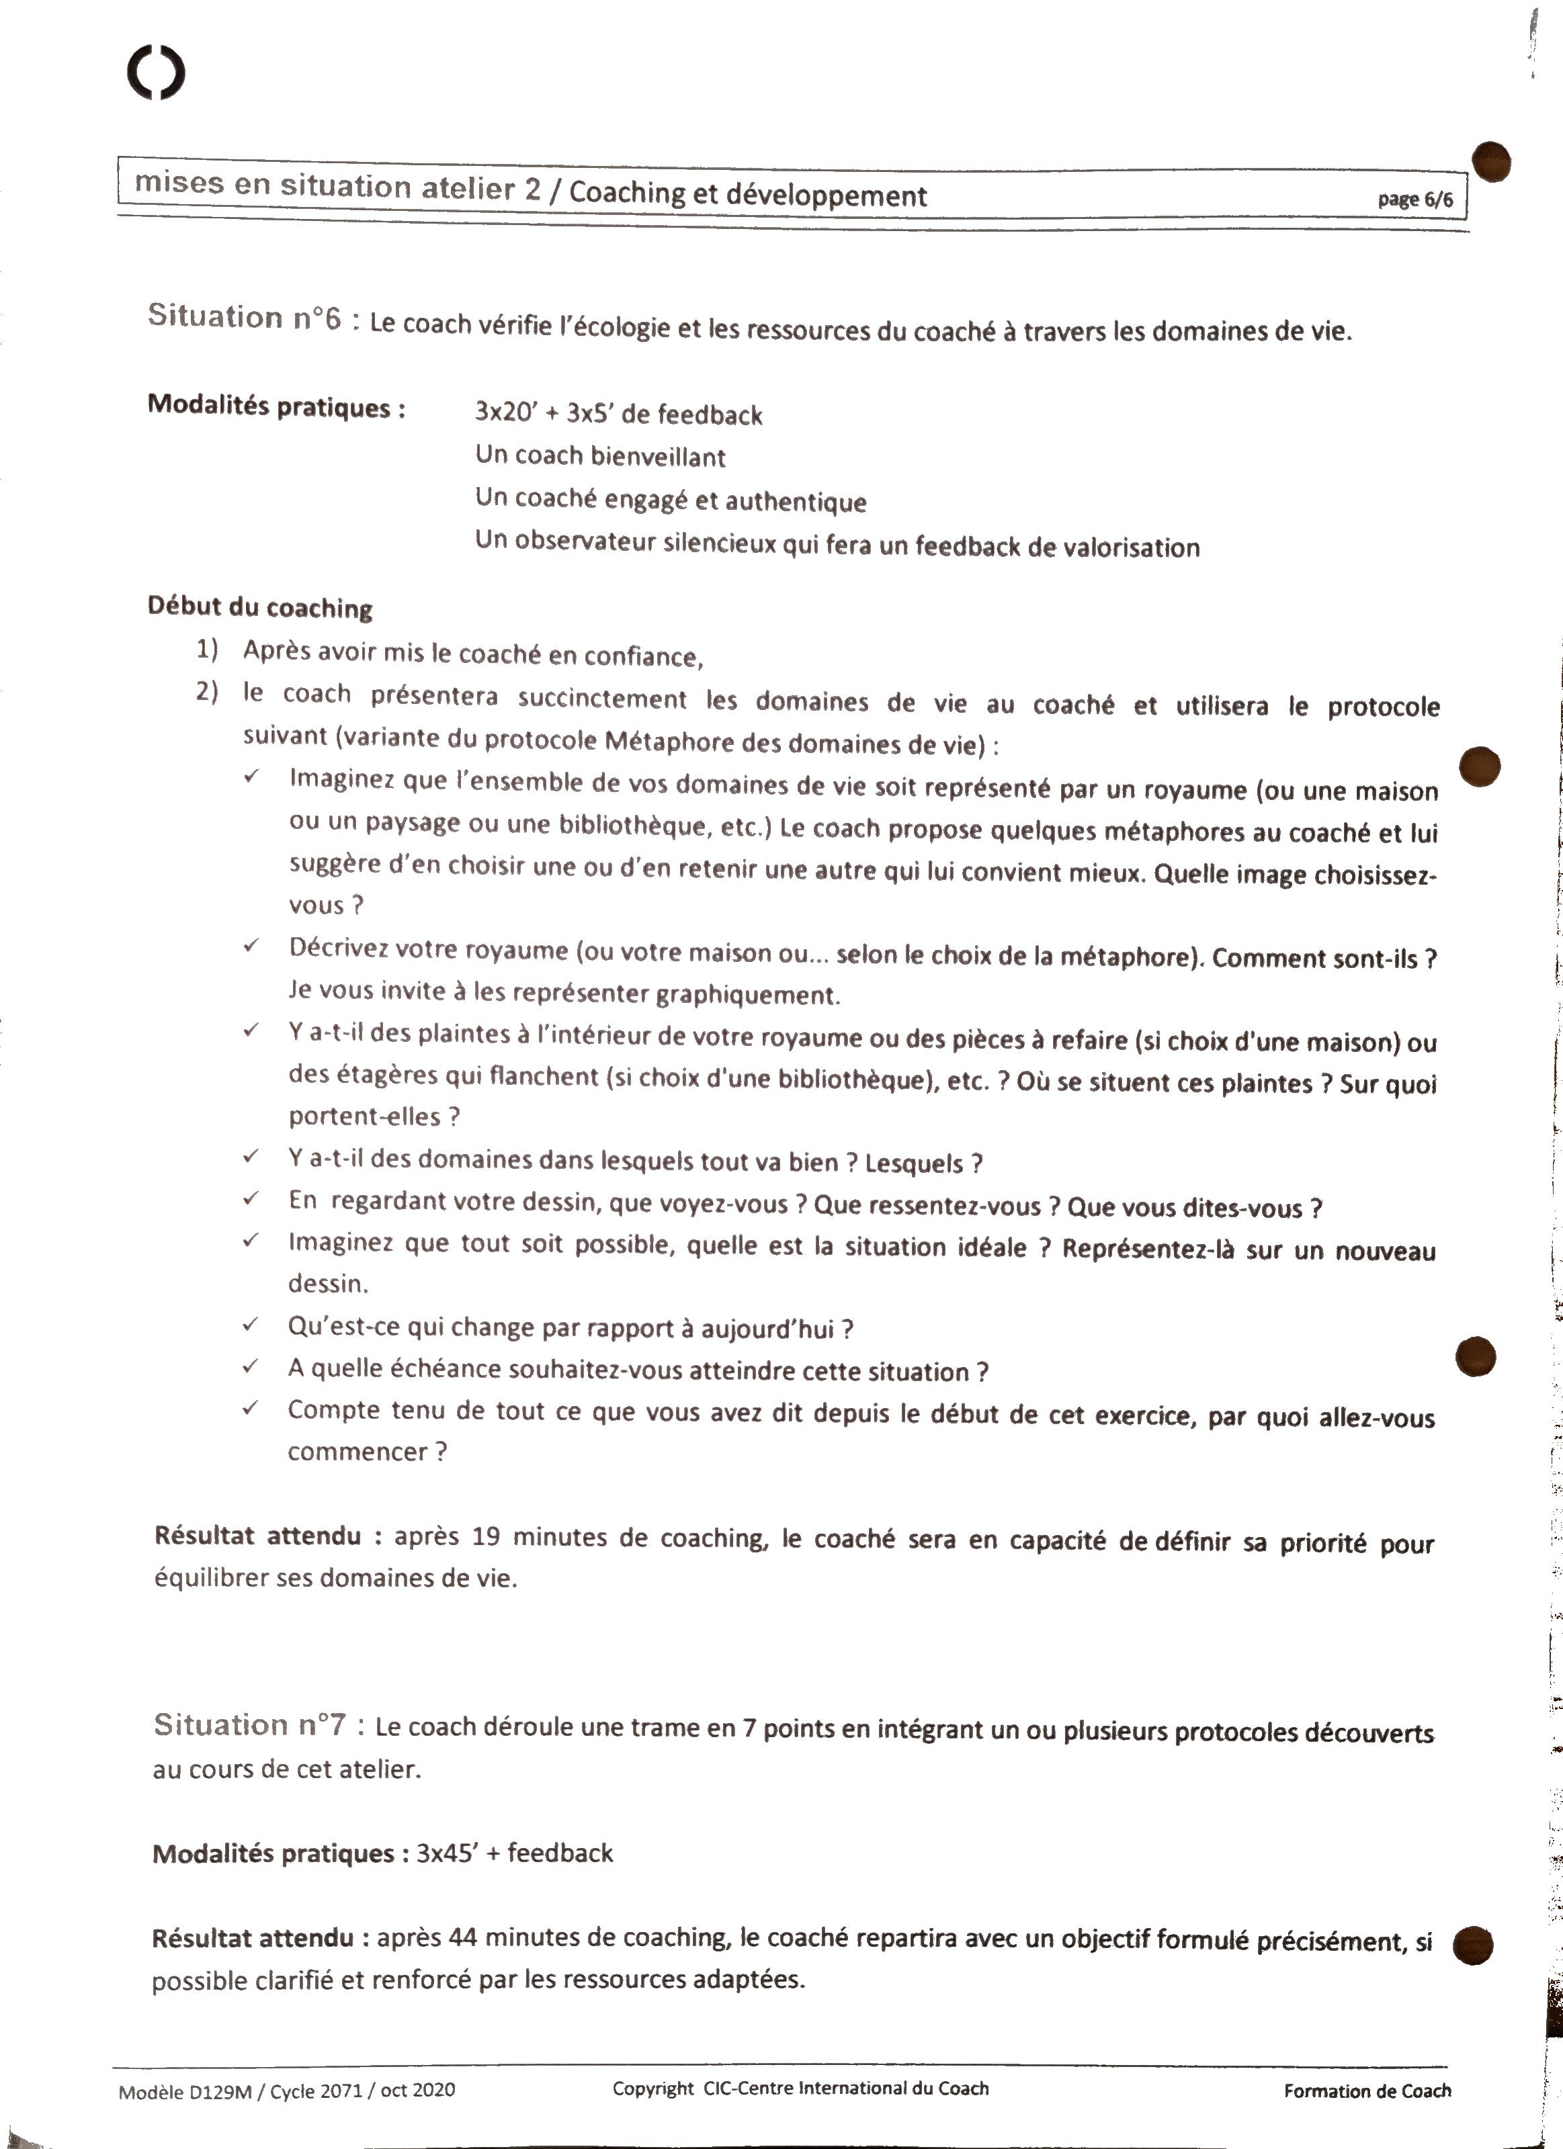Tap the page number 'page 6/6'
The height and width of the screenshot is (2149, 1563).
tap(1414, 199)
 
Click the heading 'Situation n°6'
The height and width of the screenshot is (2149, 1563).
tap(244, 316)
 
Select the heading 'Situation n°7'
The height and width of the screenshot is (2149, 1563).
tap(250, 1724)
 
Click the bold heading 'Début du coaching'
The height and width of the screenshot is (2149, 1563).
tap(259, 607)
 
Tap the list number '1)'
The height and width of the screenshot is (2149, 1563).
tap(208, 649)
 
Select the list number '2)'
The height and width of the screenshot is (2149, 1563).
tap(208, 692)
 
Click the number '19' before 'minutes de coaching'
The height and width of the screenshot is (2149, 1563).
tap(485, 1536)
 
